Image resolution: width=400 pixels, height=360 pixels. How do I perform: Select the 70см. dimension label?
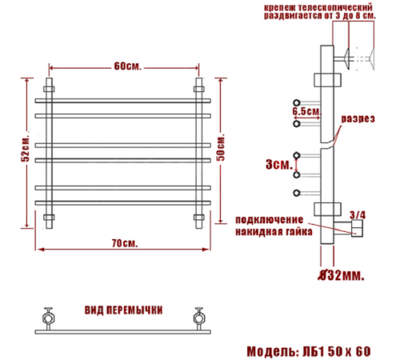click(x=125, y=243)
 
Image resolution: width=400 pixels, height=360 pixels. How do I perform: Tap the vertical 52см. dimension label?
click(x=26, y=150)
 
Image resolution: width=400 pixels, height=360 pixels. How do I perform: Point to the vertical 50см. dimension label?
click(x=221, y=147)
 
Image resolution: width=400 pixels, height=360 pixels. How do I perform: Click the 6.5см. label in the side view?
click(x=307, y=111)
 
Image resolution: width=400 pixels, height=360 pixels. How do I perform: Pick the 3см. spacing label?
click(x=279, y=164)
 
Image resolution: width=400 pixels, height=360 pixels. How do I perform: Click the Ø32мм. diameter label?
click(x=341, y=275)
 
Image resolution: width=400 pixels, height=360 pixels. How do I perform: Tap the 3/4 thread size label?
click(x=358, y=215)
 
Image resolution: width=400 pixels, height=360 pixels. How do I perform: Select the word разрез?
click(x=358, y=119)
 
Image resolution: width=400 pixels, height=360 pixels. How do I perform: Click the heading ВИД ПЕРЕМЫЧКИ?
click(x=123, y=310)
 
